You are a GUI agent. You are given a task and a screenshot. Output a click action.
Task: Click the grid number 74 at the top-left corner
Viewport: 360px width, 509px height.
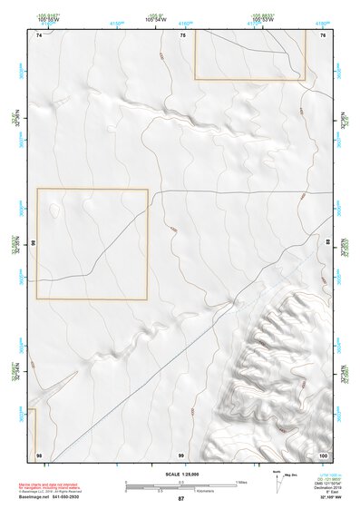coord(39,34)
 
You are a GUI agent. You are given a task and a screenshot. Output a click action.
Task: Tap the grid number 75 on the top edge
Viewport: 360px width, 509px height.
coord(182,34)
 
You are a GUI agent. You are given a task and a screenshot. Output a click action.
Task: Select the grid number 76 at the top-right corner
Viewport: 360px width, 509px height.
coord(323,34)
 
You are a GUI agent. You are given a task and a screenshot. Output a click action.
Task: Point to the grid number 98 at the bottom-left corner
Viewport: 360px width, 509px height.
coord(39,454)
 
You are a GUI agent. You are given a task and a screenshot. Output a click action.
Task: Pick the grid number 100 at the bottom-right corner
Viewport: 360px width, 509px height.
coord(322,454)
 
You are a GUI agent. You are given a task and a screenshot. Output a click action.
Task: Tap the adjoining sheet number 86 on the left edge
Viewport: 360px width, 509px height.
coord(33,244)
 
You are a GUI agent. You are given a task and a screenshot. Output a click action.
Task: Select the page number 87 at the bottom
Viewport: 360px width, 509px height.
coord(180,498)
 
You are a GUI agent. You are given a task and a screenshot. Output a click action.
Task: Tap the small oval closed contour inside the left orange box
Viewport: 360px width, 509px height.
coord(55,210)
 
